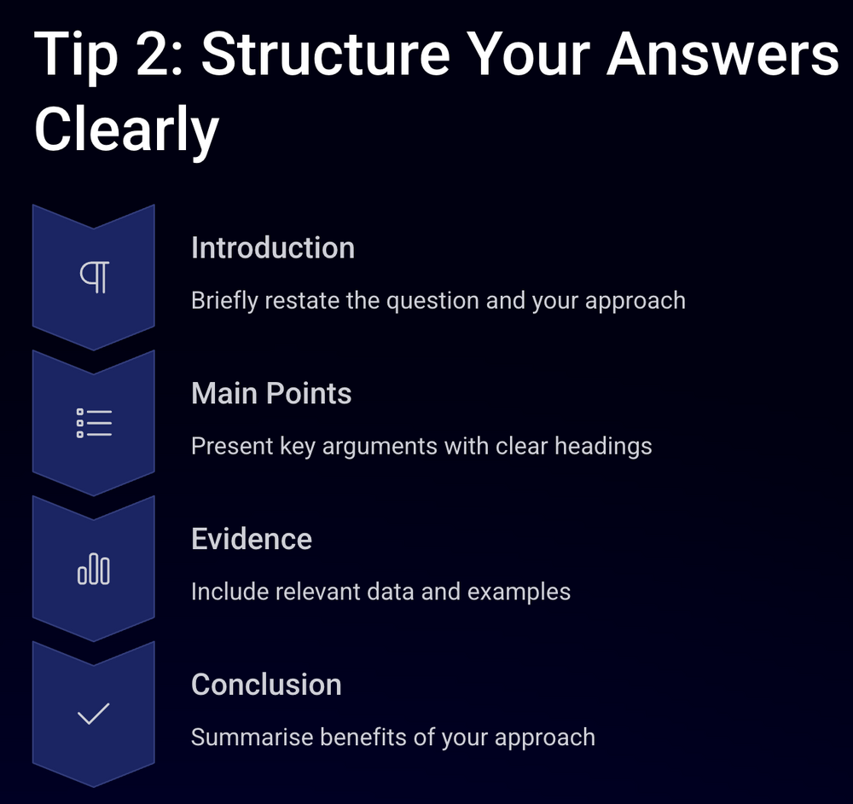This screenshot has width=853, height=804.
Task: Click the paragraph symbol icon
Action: click(x=94, y=277)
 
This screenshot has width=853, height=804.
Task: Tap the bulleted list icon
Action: click(x=94, y=423)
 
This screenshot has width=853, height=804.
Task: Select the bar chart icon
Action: click(x=94, y=569)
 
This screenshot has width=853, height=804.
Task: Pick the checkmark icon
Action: click(x=94, y=714)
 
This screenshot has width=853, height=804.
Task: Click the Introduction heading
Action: click(x=272, y=248)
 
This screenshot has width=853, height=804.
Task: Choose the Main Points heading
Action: click(x=271, y=394)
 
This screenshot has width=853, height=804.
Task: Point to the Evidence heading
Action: click(x=251, y=540)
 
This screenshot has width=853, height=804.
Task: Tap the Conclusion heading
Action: click(x=266, y=685)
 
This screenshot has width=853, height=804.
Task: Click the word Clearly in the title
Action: click(x=126, y=130)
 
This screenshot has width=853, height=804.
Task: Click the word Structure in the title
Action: click(x=325, y=53)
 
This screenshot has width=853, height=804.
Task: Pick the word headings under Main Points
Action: click(x=604, y=446)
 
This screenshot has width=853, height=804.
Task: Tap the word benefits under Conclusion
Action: click(x=362, y=737)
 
